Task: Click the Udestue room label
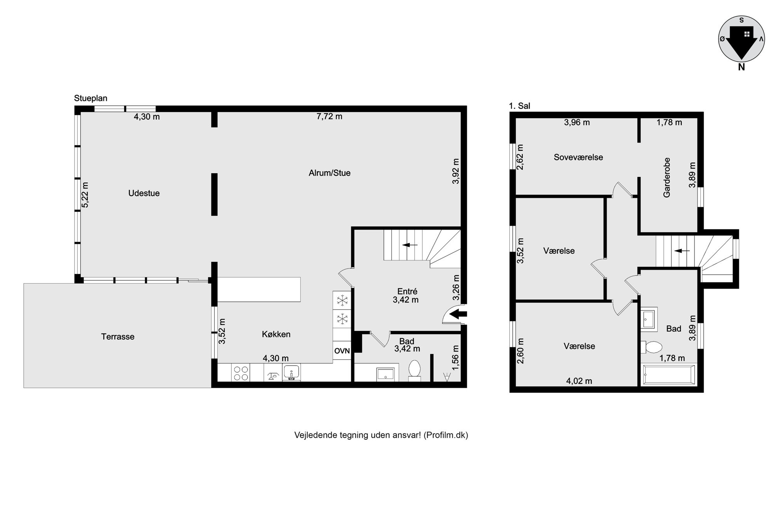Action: coord(144,193)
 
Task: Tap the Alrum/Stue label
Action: coord(330,173)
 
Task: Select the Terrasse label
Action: coord(118,336)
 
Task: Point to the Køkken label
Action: coord(276,334)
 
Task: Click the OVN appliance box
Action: coord(342,351)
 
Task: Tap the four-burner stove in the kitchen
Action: coord(241,373)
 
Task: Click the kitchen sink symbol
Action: coord(291,373)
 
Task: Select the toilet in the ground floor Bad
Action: coord(415,369)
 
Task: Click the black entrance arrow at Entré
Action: coord(459,314)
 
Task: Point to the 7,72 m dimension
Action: coord(330,117)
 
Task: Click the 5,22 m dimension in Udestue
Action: coord(85,195)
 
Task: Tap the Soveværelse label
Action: coord(578,157)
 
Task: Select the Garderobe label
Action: coord(667,177)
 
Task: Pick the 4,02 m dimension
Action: coord(579,381)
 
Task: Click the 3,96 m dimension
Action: coord(577,123)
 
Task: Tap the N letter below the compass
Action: coord(741,67)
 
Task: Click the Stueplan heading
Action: coord(91,98)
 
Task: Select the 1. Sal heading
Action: coord(520,106)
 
